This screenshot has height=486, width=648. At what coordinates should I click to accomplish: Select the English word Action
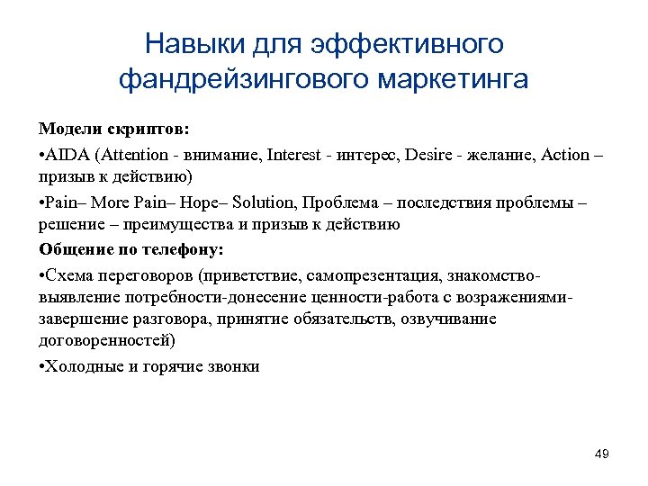coord(565,154)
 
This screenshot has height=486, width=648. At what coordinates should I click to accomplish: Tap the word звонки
coord(231,366)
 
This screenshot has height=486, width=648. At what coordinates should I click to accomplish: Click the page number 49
coord(602,454)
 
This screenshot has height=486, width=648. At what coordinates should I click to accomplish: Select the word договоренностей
coord(108,341)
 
